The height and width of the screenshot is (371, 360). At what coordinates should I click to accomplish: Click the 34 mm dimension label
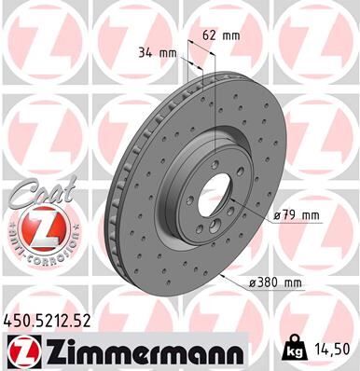pos(156,53)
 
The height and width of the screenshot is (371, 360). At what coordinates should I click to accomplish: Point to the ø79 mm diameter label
pos(298,215)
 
